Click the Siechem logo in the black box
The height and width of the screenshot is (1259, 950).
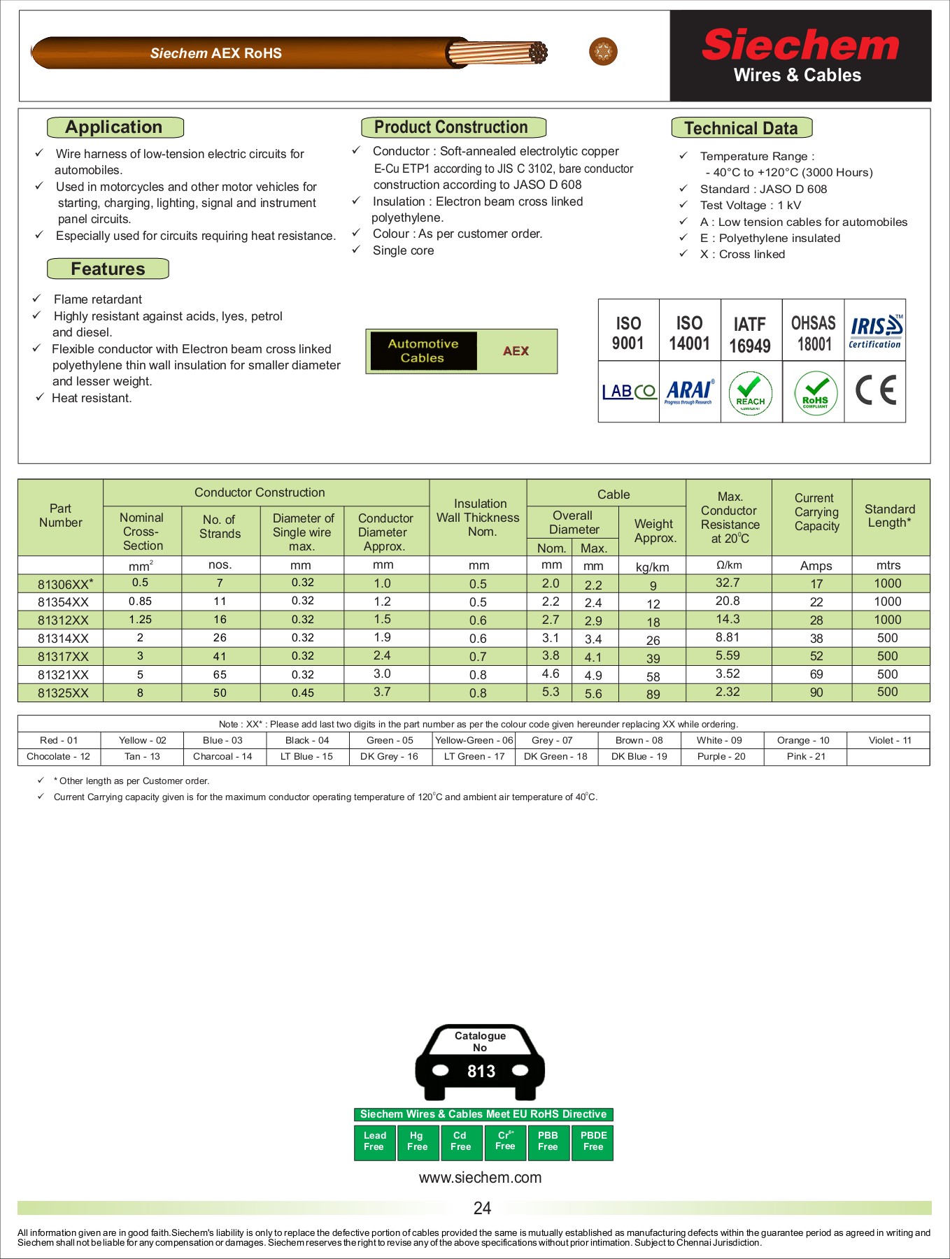800,46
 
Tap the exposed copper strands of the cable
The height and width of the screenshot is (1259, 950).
497,52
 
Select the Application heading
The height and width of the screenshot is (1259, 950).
115,127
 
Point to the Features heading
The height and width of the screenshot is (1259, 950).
108,269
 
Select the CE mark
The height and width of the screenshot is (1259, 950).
875,390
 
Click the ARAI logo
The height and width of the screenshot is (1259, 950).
689,391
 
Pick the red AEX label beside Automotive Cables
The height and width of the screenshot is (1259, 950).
516,351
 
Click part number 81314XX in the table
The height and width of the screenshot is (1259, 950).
63,639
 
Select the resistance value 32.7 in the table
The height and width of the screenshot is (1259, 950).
728,583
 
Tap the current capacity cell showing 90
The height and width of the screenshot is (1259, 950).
816,692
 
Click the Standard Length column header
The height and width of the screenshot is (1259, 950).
889,516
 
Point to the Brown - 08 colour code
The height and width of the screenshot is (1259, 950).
639,740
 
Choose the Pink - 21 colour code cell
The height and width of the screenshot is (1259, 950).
805,756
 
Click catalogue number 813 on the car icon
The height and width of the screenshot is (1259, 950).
481,1071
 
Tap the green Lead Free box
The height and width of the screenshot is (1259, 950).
374,1141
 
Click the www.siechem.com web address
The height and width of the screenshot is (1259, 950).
480,1177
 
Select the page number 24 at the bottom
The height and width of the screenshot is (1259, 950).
482,1208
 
